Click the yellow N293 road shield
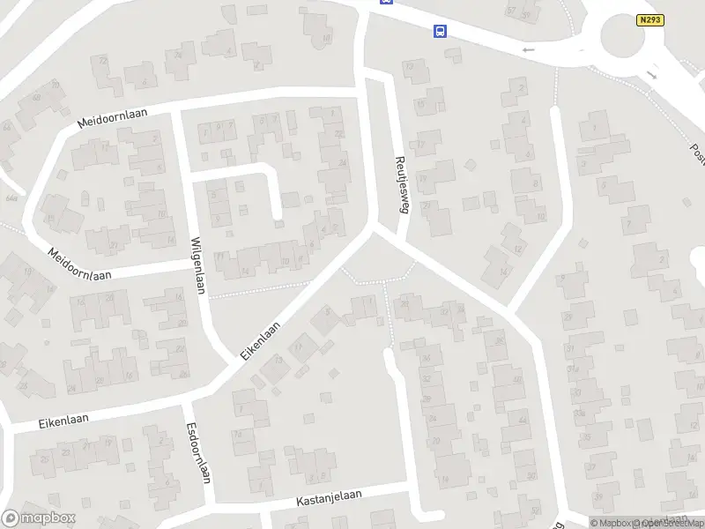pyautogui.click(x=649, y=19)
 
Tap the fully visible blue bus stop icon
pyautogui.click(x=440, y=32)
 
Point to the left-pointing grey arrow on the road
pyautogui.click(x=529, y=50)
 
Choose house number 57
pyautogui.click(x=512, y=11)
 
